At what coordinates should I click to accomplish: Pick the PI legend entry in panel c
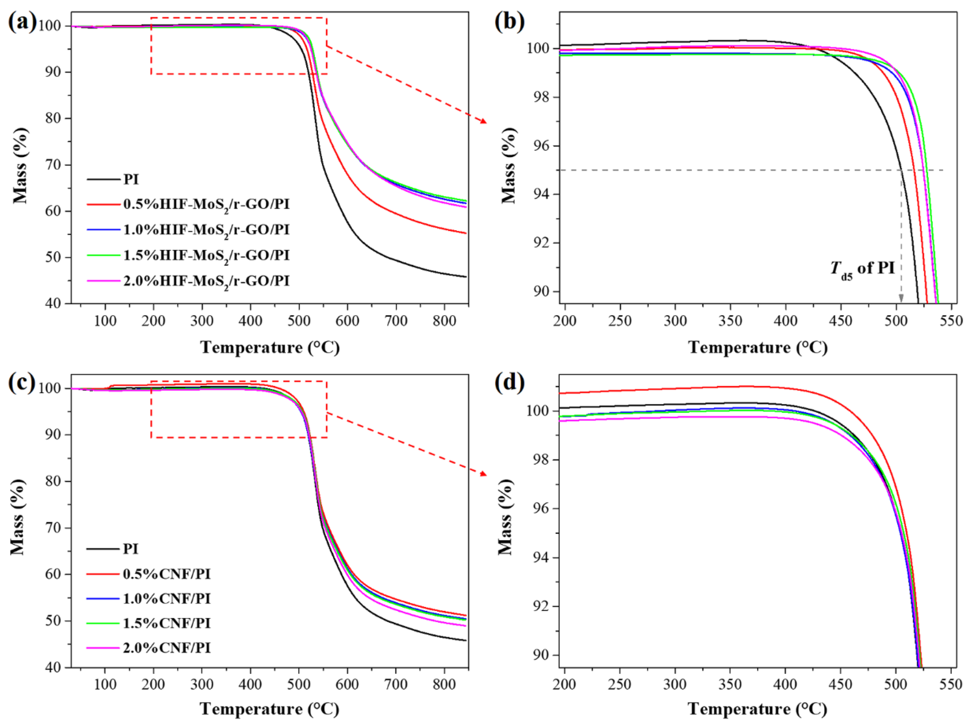tap(130, 549)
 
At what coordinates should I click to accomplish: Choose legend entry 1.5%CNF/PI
tap(167, 623)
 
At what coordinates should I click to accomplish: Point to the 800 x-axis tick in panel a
tap(444, 321)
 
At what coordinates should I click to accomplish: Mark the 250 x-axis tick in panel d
tap(620, 684)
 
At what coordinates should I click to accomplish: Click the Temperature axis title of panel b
tap(758, 348)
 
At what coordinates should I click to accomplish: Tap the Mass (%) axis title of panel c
tap(18, 517)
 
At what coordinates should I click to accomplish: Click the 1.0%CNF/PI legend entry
tap(167, 598)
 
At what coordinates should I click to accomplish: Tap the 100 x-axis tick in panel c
tap(105, 684)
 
